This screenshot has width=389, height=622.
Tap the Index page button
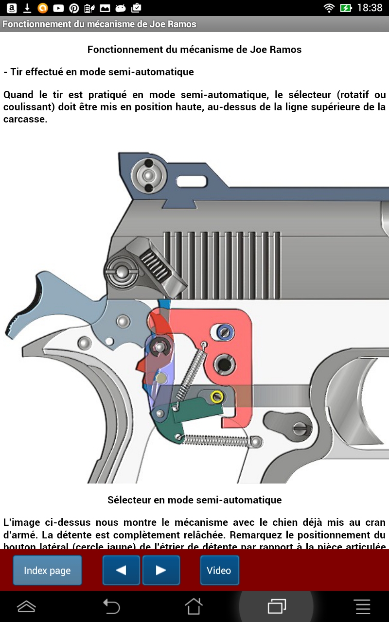coord(47,570)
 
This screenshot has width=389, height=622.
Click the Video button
coord(219,570)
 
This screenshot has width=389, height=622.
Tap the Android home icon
coord(194,606)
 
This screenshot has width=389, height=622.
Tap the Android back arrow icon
coord(111,606)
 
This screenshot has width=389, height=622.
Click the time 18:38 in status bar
coord(370,8)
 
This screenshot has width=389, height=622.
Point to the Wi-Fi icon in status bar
coord(329,8)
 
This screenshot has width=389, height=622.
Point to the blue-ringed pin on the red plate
coord(224,332)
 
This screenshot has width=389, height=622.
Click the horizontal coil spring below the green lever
coord(219,439)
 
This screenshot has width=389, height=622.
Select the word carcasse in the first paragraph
coord(25,119)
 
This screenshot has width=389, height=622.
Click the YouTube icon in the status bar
coord(58,8)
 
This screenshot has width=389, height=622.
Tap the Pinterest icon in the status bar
coord(74,8)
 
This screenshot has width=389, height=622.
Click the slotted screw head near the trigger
coord(300,427)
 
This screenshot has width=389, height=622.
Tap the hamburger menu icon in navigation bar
coord(363,606)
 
